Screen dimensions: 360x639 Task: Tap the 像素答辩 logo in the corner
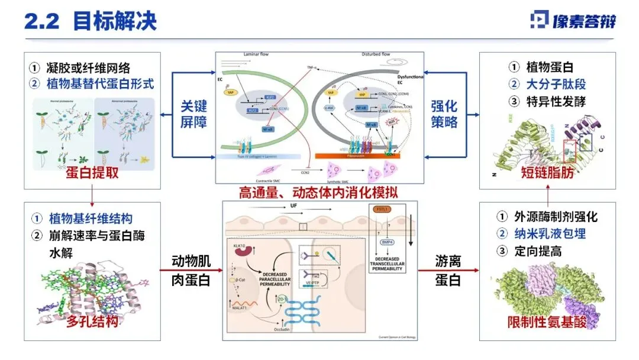tap(573, 21)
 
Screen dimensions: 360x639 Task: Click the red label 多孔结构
tap(92, 322)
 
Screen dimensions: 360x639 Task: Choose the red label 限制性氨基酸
tap(547, 323)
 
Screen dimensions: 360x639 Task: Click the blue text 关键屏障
tap(194, 116)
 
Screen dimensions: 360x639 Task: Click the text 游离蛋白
tap(447, 271)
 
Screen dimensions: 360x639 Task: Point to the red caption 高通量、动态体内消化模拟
tap(318, 192)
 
